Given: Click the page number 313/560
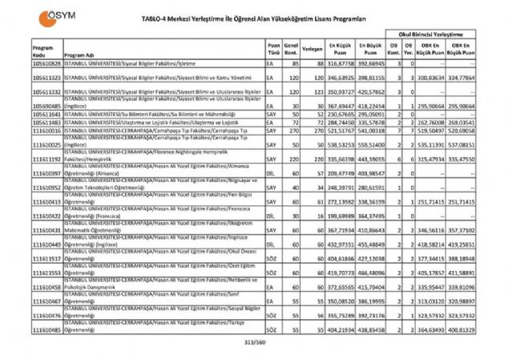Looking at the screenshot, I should [252, 342].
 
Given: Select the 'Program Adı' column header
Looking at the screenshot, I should [82, 55].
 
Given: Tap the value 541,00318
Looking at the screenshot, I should [370, 129].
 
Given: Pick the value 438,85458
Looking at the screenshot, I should [370, 330].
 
